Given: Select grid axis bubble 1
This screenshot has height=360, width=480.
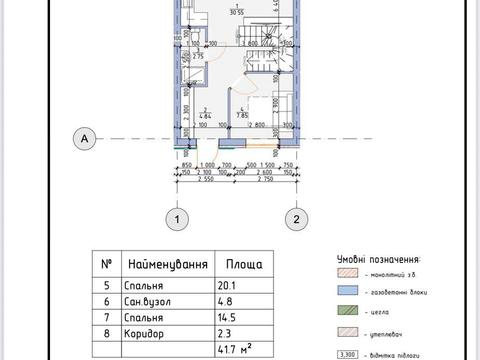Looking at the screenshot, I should pyautogui.click(x=177, y=218).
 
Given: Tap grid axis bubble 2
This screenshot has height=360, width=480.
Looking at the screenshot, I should pyautogui.click(x=296, y=218).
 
